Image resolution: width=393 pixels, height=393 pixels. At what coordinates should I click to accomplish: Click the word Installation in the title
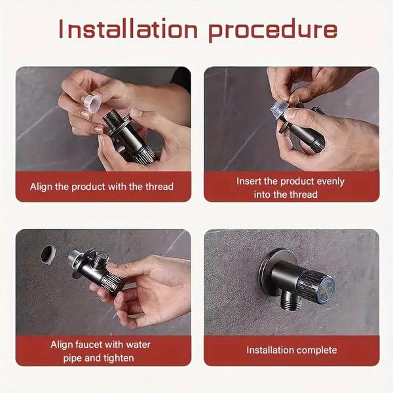(127, 29)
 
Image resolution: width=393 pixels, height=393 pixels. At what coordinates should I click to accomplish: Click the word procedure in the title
(274, 30)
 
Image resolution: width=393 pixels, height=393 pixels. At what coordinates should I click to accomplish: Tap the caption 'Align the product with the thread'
(102, 187)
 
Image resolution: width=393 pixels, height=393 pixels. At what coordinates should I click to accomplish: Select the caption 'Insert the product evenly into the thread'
(290, 187)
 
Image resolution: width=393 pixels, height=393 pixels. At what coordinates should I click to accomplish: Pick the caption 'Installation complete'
(291, 350)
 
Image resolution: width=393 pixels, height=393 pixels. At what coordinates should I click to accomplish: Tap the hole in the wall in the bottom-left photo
(48, 253)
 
